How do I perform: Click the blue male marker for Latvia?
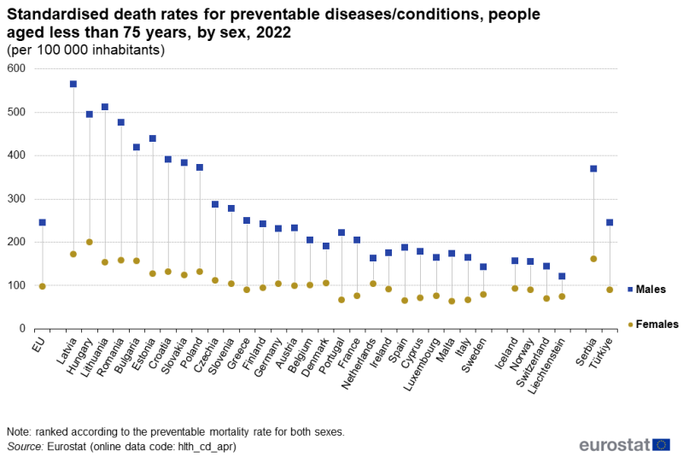(x=73, y=84)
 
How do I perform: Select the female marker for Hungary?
(x=89, y=242)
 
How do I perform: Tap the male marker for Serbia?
(x=593, y=168)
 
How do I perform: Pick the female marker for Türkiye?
(x=610, y=290)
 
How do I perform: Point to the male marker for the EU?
(x=42, y=222)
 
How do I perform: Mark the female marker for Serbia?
(x=593, y=259)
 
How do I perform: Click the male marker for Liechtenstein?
(x=562, y=276)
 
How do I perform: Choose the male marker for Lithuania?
(x=105, y=107)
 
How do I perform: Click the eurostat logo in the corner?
(x=624, y=445)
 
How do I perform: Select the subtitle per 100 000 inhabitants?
(x=85, y=50)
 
